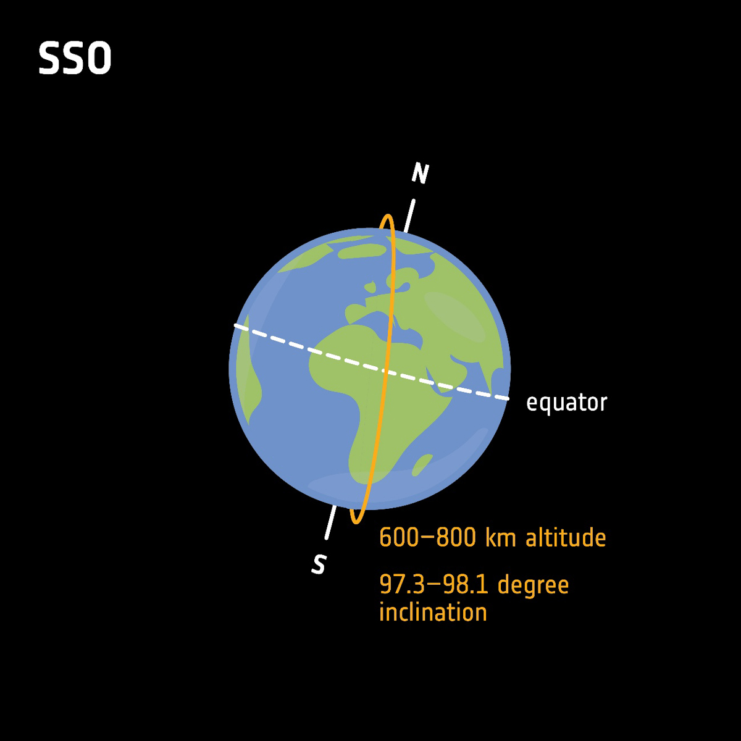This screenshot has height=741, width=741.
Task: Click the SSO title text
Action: pyautogui.click(x=75, y=59)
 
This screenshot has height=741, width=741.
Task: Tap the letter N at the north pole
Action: pyautogui.click(x=420, y=174)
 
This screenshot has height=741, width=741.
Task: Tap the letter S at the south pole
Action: pyautogui.click(x=319, y=564)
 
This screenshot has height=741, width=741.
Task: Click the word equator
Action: pyautogui.click(x=566, y=403)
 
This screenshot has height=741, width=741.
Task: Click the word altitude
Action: pyautogui.click(x=566, y=538)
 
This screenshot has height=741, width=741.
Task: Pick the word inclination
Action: pyautogui.click(x=433, y=613)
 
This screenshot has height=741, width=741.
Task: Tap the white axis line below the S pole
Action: pyautogui.click(x=330, y=522)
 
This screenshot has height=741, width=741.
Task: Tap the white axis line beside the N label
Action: pyautogui.click(x=409, y=215)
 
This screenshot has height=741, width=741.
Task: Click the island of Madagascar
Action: pyautogui.click(x=422, y=464)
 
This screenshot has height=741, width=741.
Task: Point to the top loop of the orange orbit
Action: pyautogui.click(x=388, y=219)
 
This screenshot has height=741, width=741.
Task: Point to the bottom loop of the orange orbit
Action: pyautogui.click(x=356, y=520)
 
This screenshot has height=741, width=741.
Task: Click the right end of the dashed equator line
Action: pyautogui.click(x=506, y=399)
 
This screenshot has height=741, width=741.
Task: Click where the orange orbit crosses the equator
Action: pyautogui.click(x=384, y=371)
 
